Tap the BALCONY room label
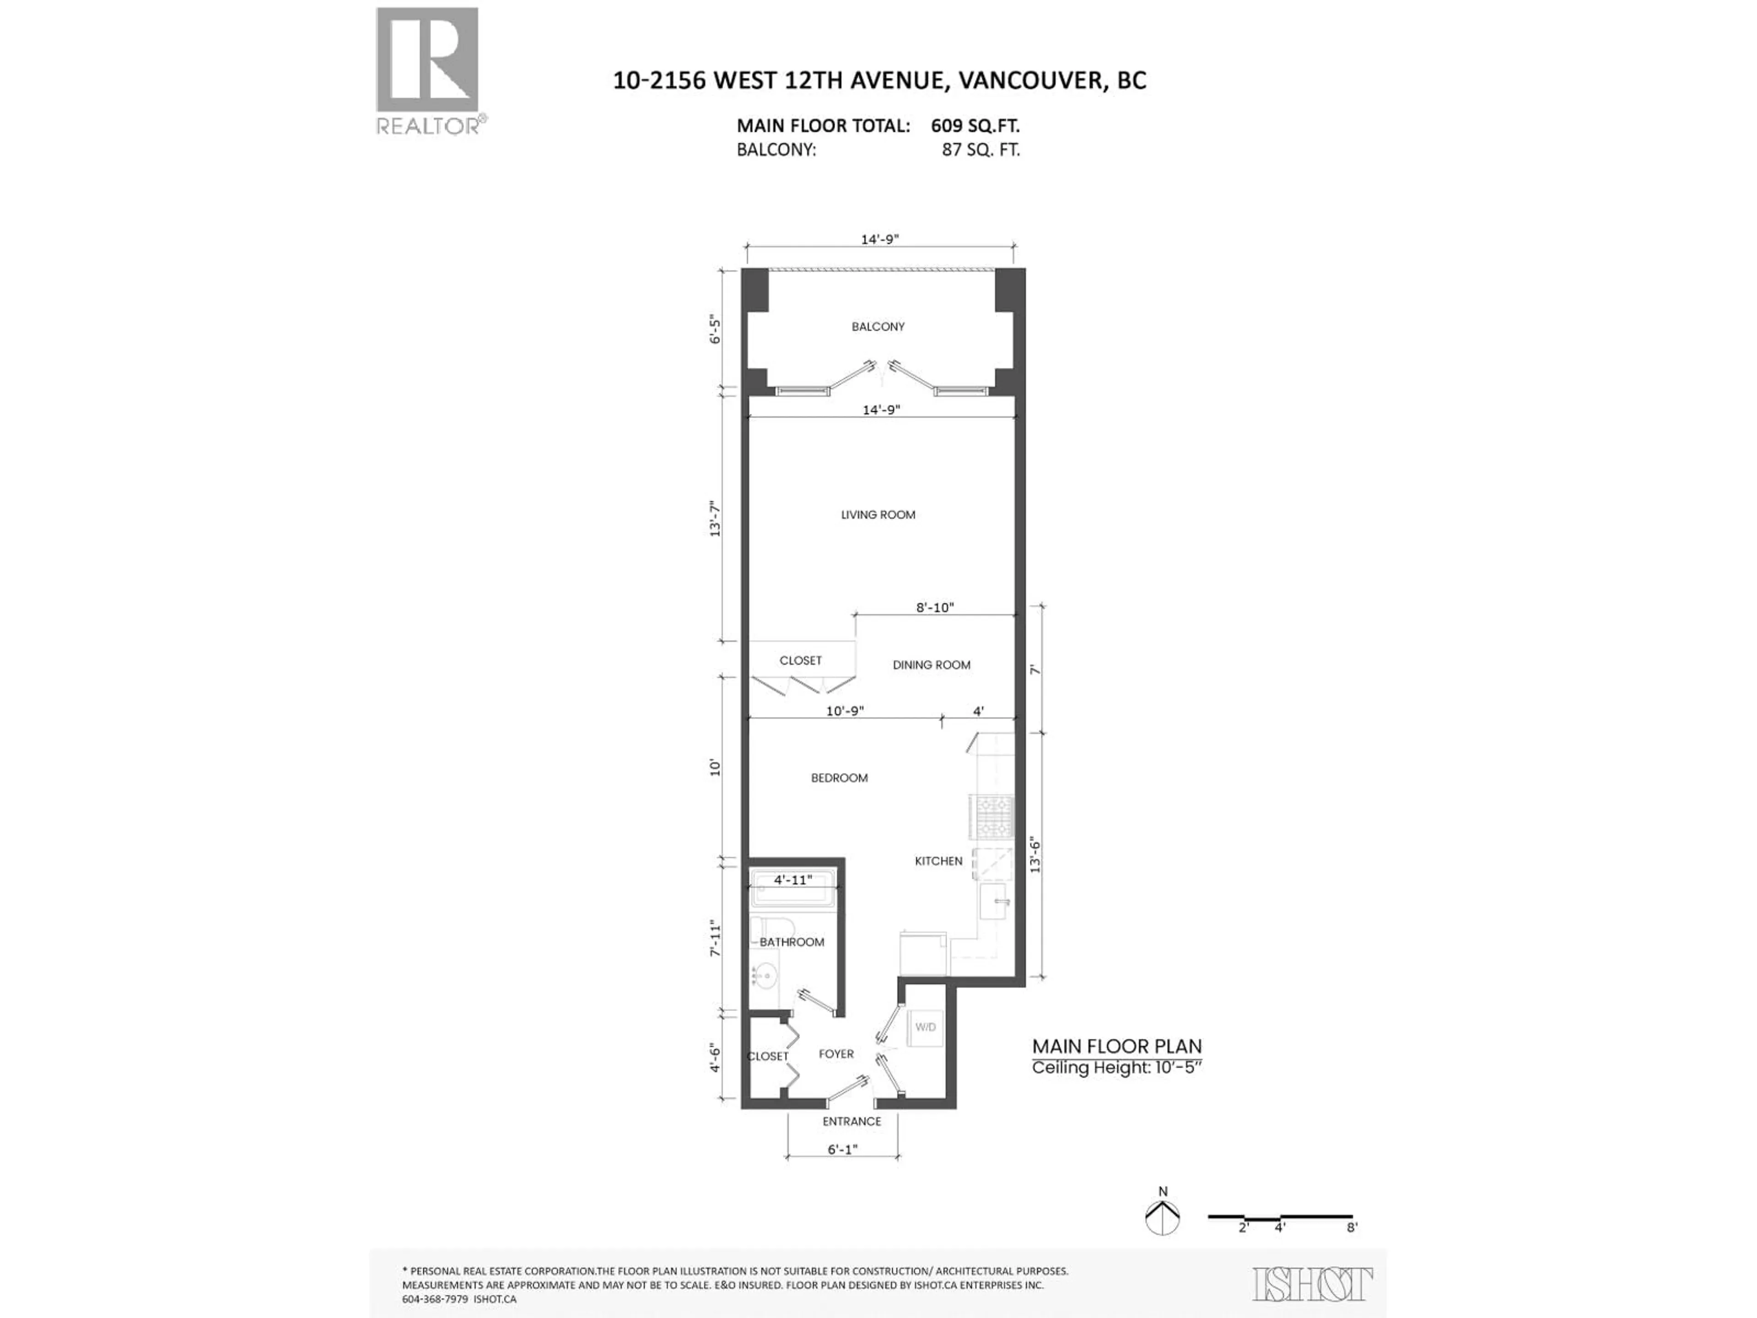pyautogui.click(x=878, y=326)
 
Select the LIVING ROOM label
pyautogui.click(x=878, y=515)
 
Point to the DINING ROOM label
pyautogui.click(x=931, y=665)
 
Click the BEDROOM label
pyautogui.click(x=839, y=778)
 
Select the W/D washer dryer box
pyautogui.click(x=925, y=1027)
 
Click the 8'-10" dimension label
pyautogui.click(x=935, y=608)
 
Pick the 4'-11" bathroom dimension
pyautogui.click(x=793, y=880)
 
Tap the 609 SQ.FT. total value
pyautogui.click(x=976, y=125)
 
